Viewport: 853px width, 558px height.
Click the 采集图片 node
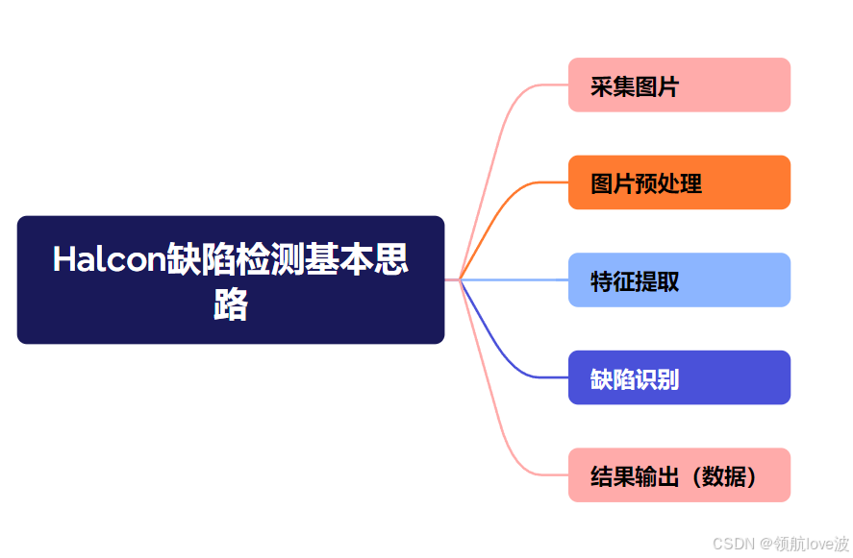pos(679,85)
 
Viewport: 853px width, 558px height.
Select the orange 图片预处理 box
pos(679,182)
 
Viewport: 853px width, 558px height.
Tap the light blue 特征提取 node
pos(679,280)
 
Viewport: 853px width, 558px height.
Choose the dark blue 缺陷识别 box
pos(679,377)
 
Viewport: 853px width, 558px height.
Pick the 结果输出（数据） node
pos(679,475)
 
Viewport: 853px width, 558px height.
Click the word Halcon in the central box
pos(108,259)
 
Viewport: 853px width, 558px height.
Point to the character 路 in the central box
pos(231,304)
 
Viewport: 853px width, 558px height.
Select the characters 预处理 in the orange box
pos(668,183)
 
